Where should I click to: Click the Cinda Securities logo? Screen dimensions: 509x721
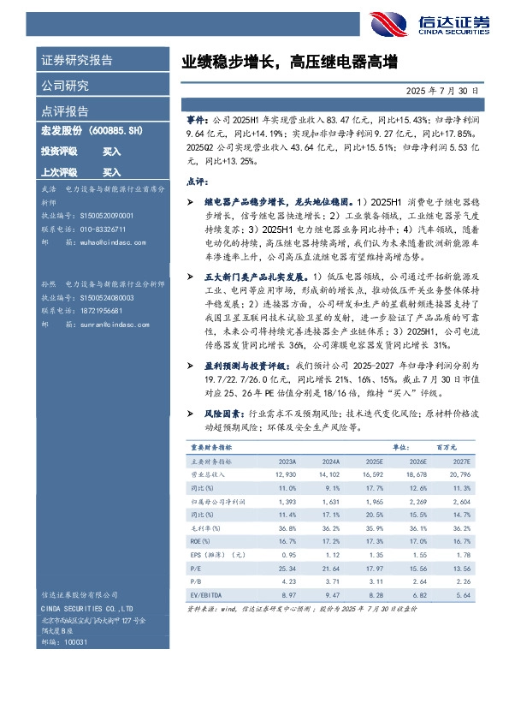tap(417, 24)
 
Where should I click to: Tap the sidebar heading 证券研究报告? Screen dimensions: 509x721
tap(76, 61)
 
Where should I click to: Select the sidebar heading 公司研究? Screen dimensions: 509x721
tap(64, 86)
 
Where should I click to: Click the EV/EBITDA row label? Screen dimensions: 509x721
tap(209, 594)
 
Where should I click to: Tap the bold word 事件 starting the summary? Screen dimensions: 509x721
tap(196, 123)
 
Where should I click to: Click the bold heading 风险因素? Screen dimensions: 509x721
tap(216, 412)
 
